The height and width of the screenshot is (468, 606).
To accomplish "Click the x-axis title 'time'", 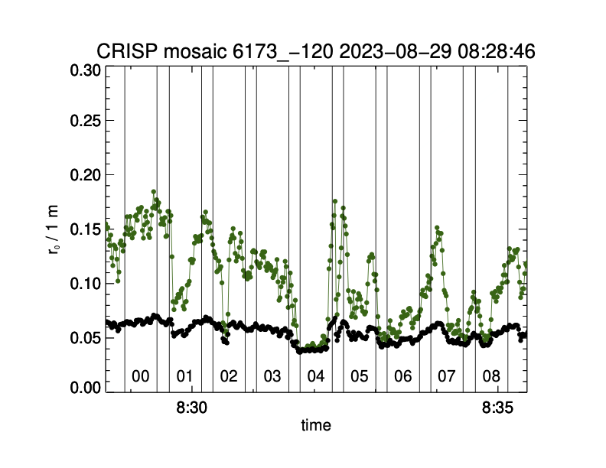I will click(x=316, y=425).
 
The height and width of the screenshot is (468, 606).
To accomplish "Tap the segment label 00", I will click(x=140, y=376).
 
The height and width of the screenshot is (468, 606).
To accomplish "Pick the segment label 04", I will click(x=316, y=376).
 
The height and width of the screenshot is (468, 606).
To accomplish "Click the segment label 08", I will click(x=491, y=376).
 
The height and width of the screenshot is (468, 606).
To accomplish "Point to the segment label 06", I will click(x=403, y=376).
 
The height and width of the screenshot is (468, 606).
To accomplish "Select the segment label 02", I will click(x=228, y=376).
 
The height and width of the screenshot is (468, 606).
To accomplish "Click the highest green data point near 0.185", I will click(x=154, y=192).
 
